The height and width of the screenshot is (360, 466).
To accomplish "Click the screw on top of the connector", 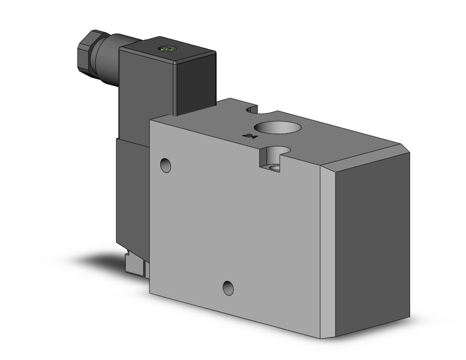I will click(x=164, y=48).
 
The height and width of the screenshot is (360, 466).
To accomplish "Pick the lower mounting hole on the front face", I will click(x=228, y=286).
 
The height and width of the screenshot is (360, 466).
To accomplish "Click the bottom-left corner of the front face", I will click(x=150, y=291).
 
